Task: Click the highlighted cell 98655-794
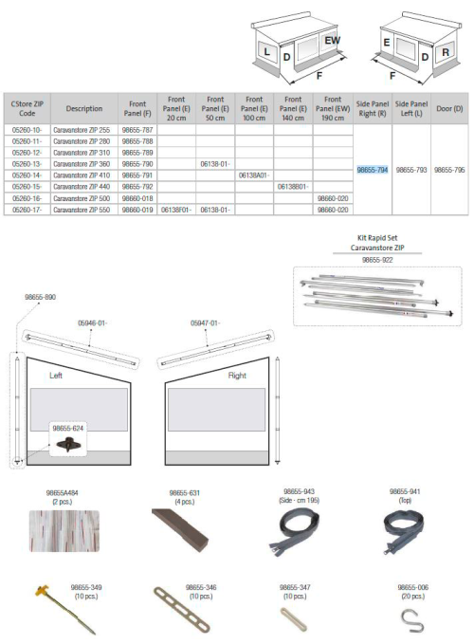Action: point(372,170)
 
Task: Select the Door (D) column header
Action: point(449,107)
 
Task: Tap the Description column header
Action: point(79,107)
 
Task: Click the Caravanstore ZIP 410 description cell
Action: point(80,175)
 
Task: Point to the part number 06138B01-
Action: point(292,187)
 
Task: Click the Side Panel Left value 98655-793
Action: point(411,170)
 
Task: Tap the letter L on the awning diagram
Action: point(268,50)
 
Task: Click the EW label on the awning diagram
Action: point(332,41)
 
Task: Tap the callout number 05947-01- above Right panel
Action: point(205,323)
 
